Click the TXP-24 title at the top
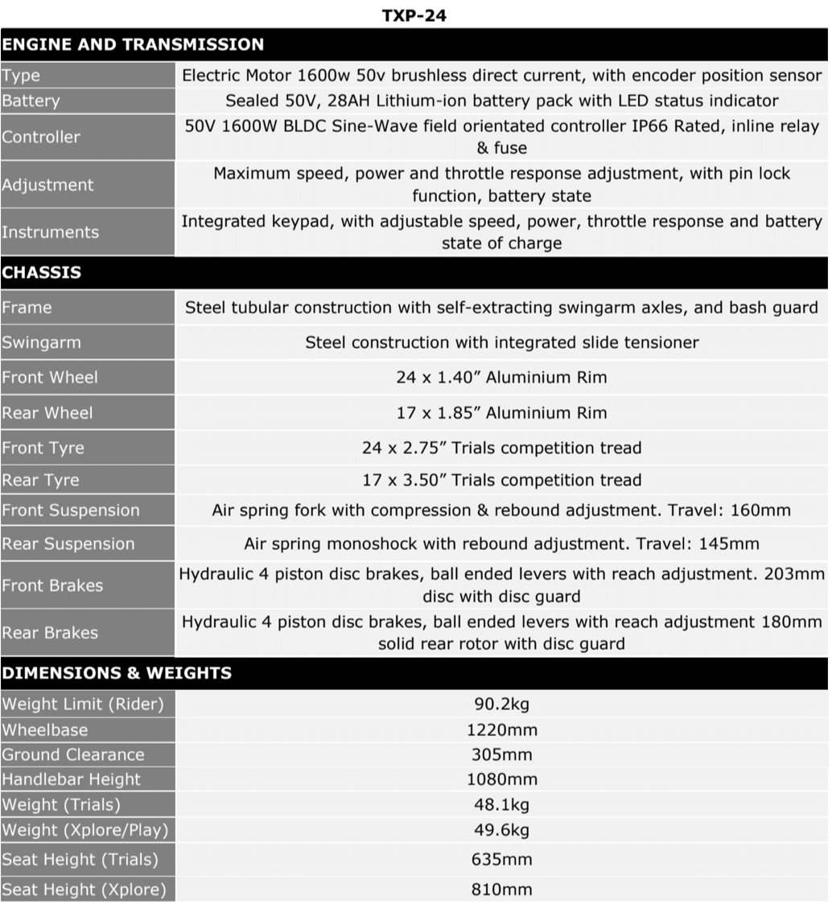point(414,14)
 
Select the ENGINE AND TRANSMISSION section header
point(133,44)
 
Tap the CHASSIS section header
point(42,272)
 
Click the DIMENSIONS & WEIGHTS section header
point(117,672)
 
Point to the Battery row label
point(31,101)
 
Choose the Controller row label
point(40,137)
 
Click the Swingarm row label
point(41,342)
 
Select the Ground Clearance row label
point(73,754)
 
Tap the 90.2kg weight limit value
point(501,705)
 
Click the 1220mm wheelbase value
point(501,730)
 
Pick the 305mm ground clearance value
point(501,754)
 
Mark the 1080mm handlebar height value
point(501,779)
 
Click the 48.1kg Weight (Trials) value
point(501,804)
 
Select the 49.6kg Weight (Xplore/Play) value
point(501,829)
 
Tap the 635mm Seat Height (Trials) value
point(501,859)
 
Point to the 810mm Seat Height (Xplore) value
point(501,890)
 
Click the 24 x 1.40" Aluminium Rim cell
point(501,377)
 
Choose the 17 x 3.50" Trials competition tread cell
point(501,480)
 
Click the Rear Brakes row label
point(50,633)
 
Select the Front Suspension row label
point(70,510)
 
